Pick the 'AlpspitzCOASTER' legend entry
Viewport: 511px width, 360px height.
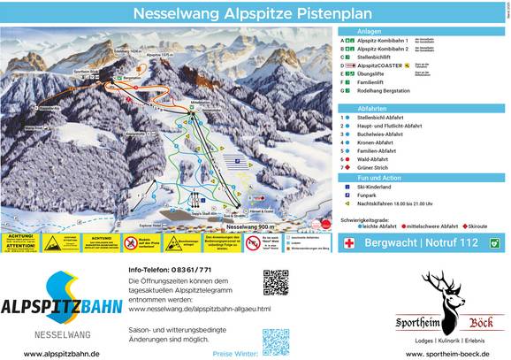pos(378,65)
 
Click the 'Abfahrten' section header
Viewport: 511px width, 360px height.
pos(371,108)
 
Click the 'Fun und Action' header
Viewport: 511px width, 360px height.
pos(378,178)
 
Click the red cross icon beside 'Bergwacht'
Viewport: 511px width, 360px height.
pos(350,242)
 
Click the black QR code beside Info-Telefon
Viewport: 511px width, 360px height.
pos(276,283)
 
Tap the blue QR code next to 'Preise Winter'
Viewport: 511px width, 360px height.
pos(276,341)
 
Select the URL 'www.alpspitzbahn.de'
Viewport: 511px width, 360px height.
pos(61,352)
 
